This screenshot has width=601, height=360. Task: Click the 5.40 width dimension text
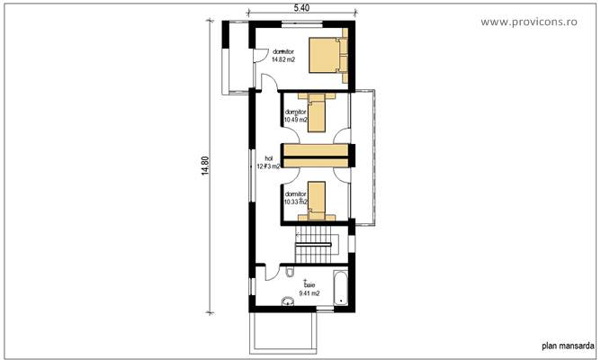pyautogui.click(x=301, y=8)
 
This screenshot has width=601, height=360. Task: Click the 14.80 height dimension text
pyautogui.click(x=206, y=168)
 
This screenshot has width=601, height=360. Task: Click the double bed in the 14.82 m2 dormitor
pyautogui.click(x=326, y=55)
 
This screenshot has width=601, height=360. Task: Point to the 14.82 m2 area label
pyautogui.click(x=283, y=60)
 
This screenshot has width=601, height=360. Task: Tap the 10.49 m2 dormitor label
pyautogui.click(x=295, y=116)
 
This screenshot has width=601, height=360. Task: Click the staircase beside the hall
pyautogui.click(x=316, y=240)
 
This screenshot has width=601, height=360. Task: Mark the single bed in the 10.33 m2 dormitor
pyautogui.click(x=315, y=200)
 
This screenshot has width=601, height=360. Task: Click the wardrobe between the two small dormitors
pyautogui.click(x=314, y=154)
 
